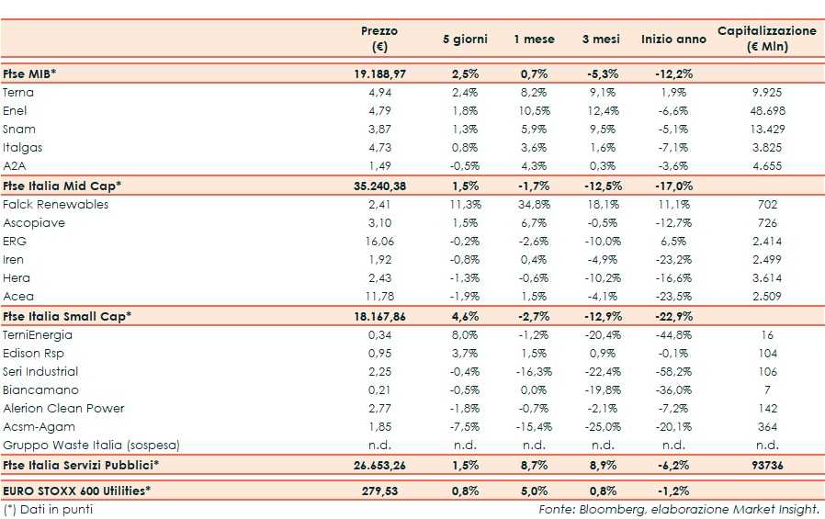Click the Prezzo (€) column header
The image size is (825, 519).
pyautogui.click(x=379, y=39)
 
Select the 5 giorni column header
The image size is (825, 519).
pyautogui.click(x=465, y=39)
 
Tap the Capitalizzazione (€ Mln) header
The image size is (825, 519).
pyautogui.click(x=767, y=39)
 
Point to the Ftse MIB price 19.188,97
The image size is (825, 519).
pyautogui.click(x=379, y=73)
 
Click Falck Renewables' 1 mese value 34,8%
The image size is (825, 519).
pyautogui.click(x=534, y=205)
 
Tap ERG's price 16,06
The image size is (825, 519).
pyautogui.click(x=379, y=242)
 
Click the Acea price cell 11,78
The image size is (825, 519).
pyautogui.click(x=379, y=297)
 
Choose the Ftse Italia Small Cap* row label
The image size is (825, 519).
pyautogui.click(x=67, y=316)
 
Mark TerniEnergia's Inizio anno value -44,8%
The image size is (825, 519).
pyautogui.click(x=673, y=335)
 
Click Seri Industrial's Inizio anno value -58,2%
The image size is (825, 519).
pyautogui.click(x=673, y=372)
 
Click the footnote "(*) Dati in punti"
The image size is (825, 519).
pyautogui.click(x=48, y=509)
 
